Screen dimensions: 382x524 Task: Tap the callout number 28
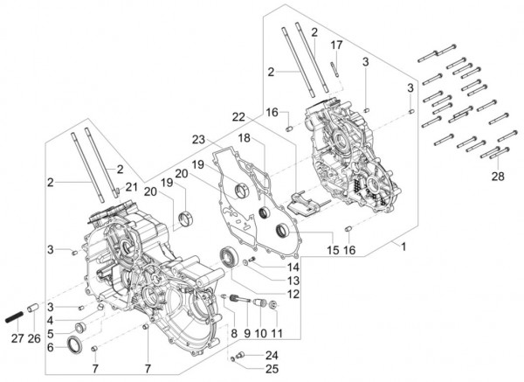(500, 177)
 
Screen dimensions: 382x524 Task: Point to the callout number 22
(238, 116)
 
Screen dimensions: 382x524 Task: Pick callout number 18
(246, 138)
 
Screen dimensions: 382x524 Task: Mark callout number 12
(293, 294)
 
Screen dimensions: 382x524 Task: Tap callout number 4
(51, 321)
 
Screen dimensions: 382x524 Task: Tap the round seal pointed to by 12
(229, 257)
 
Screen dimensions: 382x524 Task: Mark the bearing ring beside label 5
(79, 328)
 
